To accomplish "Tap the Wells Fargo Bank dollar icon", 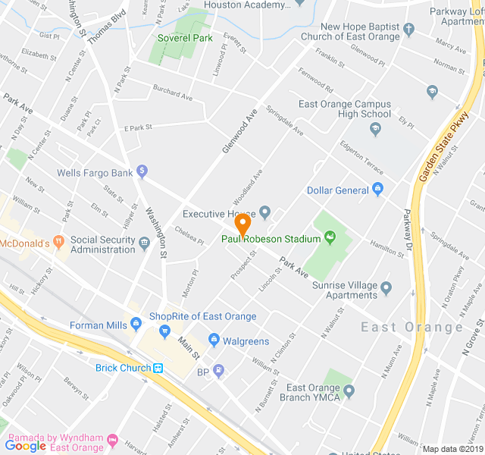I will click(x=142, y=173).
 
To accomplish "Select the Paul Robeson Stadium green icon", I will click(x=330, y=239).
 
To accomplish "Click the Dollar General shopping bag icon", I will click(x=379, y=190).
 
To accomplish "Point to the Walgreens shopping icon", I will click(x=214, y=340).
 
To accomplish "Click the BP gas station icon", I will click(x=219, y=372).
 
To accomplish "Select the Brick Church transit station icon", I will click(x=158, y=369).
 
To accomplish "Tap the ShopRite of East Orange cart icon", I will click(x=164, y=331).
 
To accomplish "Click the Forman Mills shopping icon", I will click(x=136, y=325).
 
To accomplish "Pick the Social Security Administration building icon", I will click(x=144, y=244).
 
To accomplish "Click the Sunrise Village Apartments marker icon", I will click(x=386, y=287).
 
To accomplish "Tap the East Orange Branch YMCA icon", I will click(x=349, y=391).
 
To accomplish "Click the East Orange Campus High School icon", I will click(x=374, y=130).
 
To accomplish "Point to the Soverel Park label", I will click(x=185, y=38).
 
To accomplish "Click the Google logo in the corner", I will click(x=26, y=446).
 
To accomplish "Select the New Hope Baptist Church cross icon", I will click(x=409, y=30).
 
